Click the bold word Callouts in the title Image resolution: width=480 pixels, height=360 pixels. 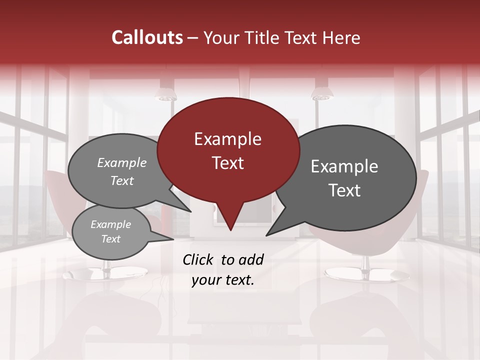tap(147, 37)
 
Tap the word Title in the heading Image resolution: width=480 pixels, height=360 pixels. tap(263, 37)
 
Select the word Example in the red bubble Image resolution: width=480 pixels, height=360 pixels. tap(227, 139)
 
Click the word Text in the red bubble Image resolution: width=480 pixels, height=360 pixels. tap(227, 163)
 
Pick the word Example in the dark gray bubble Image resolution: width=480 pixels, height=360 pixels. tap(344, 166)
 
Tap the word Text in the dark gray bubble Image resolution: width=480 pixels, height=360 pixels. tap(344, 190)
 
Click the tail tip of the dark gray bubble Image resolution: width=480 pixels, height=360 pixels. tap(267, 234)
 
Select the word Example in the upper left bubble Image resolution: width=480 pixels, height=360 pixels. tap(121, 163)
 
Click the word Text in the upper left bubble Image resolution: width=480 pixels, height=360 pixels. tap(121, 181)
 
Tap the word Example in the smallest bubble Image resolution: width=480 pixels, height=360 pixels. tap(110, 224)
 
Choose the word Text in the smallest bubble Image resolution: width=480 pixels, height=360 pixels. tap(110, 239)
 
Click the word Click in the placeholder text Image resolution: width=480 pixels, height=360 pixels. tap(198, 259)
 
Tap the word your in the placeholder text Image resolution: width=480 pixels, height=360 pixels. tap(206, 280)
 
